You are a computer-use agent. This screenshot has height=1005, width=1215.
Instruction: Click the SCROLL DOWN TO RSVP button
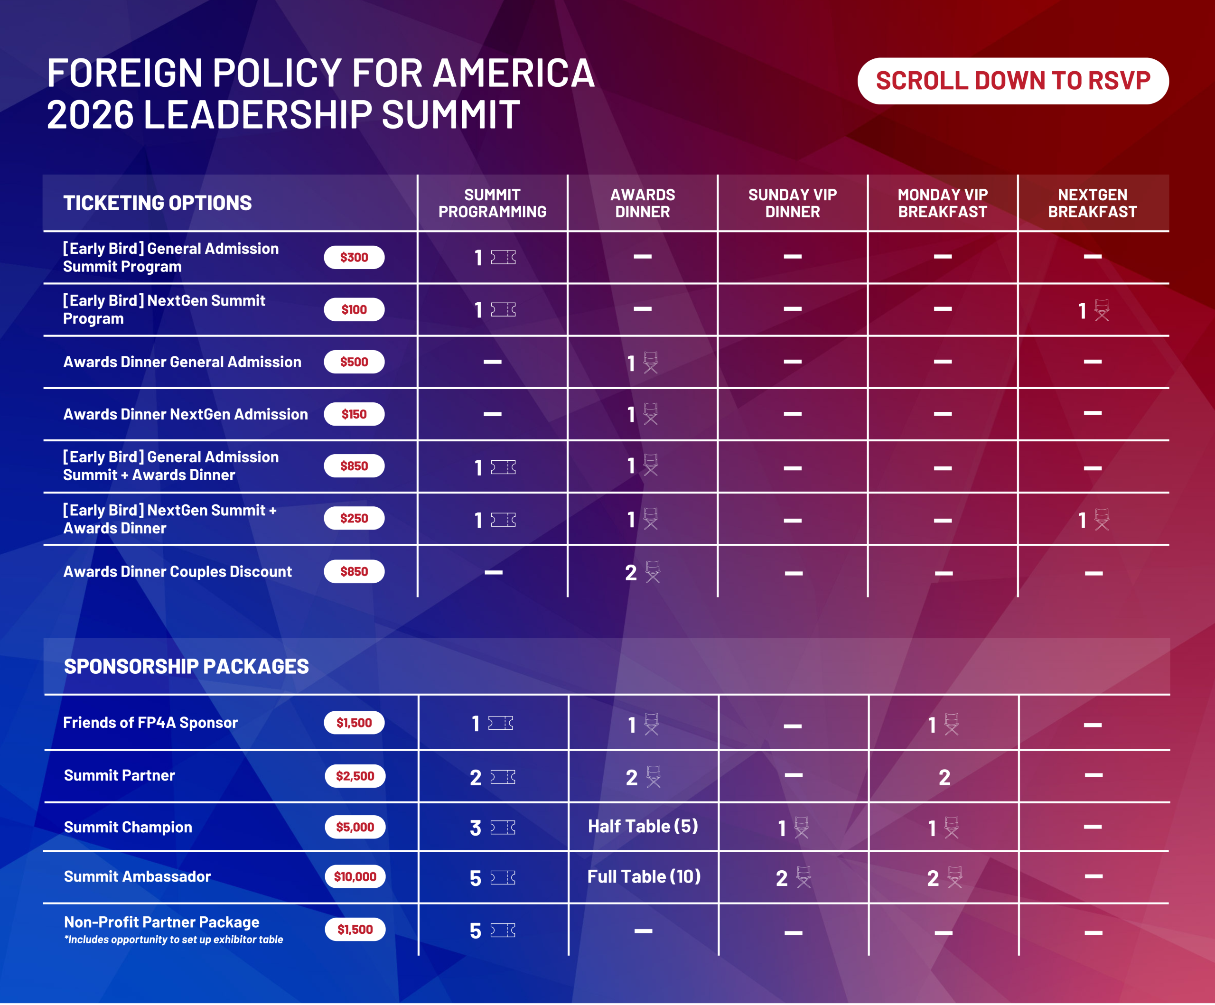1012,81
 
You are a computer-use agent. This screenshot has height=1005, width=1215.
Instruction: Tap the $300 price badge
354,258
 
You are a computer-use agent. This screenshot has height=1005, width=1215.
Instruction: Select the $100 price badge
354,309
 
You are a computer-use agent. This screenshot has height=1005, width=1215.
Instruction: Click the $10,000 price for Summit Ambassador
355,876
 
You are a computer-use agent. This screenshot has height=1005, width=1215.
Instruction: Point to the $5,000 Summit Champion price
355,827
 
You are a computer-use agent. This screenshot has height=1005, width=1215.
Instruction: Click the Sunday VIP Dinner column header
792,203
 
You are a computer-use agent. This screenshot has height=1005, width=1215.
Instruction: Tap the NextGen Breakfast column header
1093,203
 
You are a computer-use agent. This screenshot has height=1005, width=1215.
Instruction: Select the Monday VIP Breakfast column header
943,203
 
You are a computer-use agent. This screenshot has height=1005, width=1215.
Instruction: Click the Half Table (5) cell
643,826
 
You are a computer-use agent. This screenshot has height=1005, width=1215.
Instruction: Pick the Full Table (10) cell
644,876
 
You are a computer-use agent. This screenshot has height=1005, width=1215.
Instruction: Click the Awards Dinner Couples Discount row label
177,572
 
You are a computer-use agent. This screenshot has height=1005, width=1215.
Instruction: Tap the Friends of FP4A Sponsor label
150,723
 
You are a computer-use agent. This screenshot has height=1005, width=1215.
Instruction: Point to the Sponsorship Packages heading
187,667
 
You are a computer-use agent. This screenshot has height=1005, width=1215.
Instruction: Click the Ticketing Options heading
158,203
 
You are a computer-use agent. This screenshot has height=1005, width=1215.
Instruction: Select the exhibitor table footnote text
174,940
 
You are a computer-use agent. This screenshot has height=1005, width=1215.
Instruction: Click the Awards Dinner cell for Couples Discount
642,572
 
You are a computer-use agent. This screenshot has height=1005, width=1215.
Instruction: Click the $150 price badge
354,414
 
